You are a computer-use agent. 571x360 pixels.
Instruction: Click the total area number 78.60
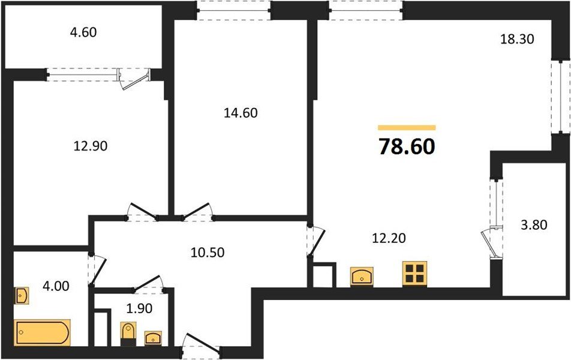[406, 146]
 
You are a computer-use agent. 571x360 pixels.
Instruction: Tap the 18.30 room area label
[517, 40]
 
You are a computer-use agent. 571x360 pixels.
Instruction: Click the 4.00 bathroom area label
[55, 286]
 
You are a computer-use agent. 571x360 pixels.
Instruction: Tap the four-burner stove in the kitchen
[414, 274]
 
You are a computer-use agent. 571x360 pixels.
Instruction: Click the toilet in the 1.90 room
[128, 334]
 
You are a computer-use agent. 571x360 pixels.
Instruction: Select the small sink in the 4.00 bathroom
[22, 296]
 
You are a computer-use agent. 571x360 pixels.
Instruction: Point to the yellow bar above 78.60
[407, 128]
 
